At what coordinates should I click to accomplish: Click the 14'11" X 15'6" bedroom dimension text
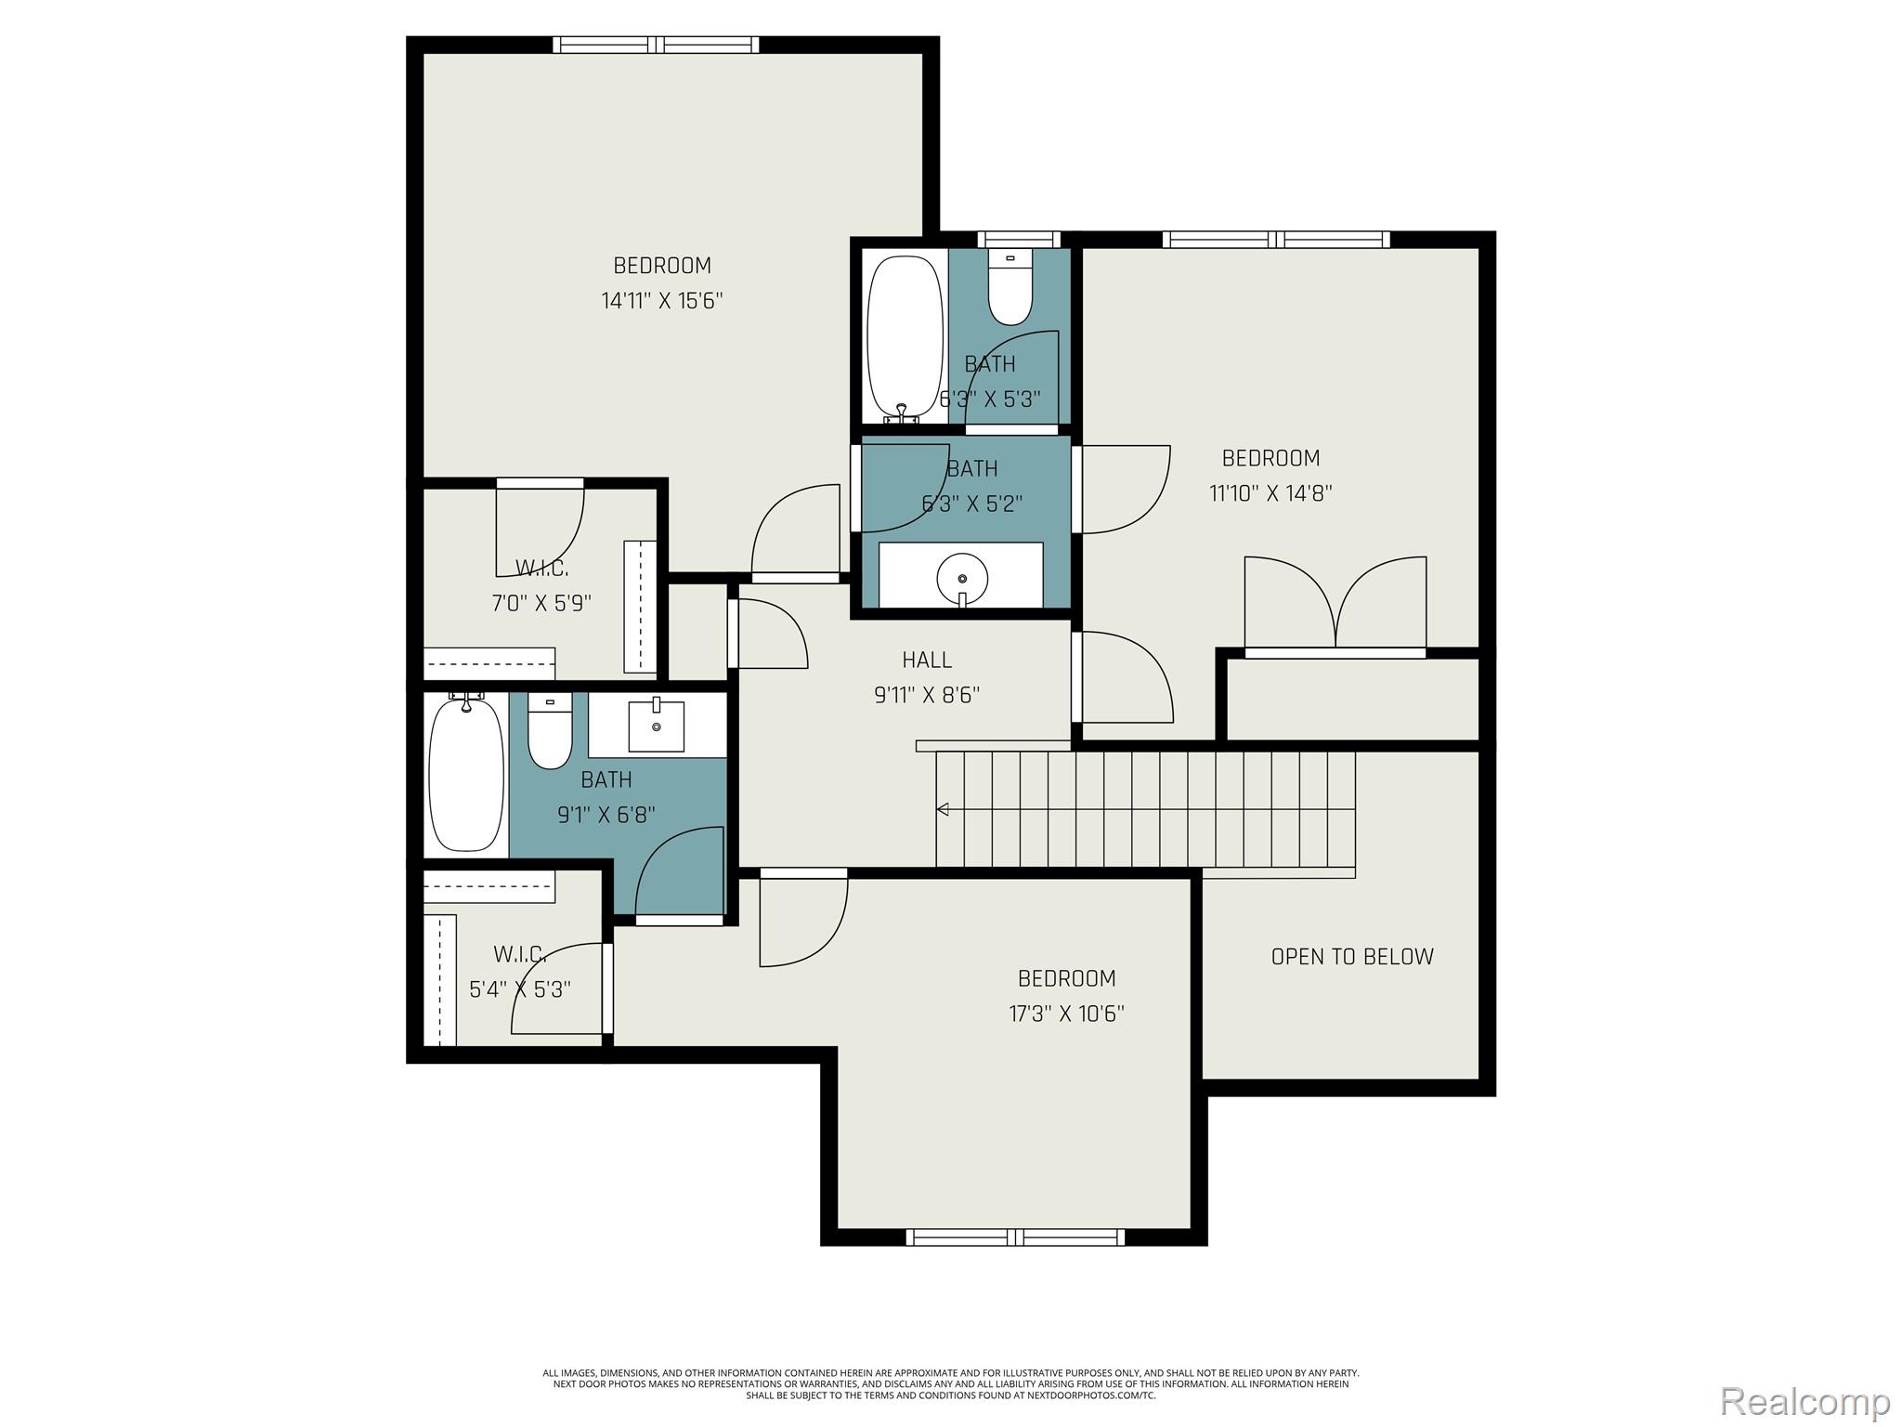pos(661,301)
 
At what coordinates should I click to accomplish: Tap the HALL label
pos(927,661)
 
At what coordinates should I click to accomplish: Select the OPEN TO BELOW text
pos(1351,957)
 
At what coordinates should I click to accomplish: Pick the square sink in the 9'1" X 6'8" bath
pos(657,727)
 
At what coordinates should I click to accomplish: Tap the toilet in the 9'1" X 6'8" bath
pos(550,734)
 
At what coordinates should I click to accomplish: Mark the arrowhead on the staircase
pos(943,810)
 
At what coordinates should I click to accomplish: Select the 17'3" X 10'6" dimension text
pos(1066,1014)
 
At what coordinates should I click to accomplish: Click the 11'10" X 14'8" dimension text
pos(1270,493)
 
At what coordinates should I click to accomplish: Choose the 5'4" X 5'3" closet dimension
pos(519,989)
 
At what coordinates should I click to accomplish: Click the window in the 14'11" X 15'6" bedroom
pos(656,45)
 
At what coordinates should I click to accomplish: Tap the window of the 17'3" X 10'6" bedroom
pos(1014,1237)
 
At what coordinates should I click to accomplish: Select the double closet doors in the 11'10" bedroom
pos(1335,604)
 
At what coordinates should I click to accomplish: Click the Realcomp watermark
pos(1804,1401)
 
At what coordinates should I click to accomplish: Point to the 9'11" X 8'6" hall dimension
pos(927,695)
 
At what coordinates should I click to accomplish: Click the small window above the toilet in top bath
pos(1019,240)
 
